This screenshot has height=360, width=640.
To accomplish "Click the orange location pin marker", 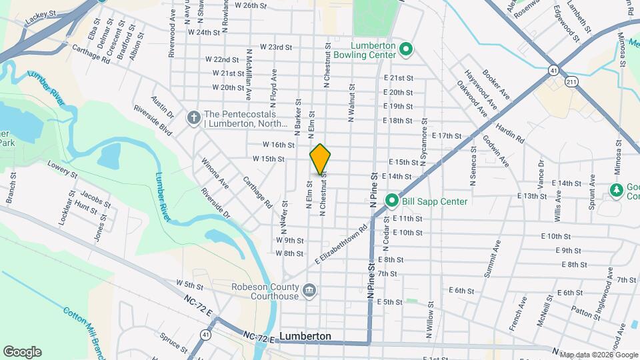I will tap(320, 159).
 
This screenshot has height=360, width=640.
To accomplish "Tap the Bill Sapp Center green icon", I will tap(393, 201).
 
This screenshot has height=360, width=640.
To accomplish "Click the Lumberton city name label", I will tap(305, 337).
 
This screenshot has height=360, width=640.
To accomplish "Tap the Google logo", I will tap(22, 352).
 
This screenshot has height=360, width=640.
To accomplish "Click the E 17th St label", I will tap(447, 135).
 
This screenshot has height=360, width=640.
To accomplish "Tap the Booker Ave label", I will tap(496, 85).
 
